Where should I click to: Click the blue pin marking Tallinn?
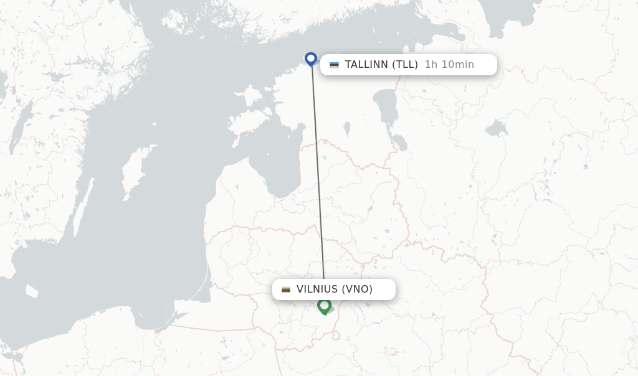click(311, 59)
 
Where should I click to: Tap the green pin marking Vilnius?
click(324, 305)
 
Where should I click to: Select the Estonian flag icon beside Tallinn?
click(335, 65)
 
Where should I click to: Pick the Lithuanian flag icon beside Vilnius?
click(286, 289)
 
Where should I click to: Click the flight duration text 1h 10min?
click(449, 65)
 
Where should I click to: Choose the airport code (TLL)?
click(405, 65)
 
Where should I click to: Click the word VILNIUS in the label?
click(317, 289)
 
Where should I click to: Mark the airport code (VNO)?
click(358, 289)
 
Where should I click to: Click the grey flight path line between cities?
click(318, 174)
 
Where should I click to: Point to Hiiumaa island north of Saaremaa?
click(252, 97)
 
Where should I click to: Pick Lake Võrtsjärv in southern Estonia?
click(347, 129)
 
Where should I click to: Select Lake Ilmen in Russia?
click(496, 129)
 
